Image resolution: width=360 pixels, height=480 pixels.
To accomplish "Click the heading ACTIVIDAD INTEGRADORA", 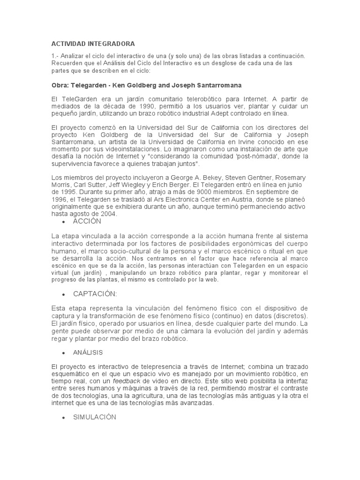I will click(93, 44).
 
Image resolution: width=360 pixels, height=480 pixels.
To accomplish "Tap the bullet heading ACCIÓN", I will click(87, 221).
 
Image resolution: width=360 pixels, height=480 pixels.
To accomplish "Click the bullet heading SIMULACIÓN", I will click(94, 417).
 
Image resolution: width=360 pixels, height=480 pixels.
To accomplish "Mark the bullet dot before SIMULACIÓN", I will click(62, 417).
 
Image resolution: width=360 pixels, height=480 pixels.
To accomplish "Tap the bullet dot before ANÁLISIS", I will click(62, 352).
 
